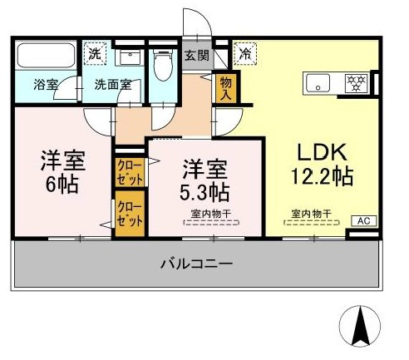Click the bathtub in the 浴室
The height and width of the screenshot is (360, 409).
tap(46, 54)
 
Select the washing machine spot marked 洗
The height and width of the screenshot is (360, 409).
tap(95, 54)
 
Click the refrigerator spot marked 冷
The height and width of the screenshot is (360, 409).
tap(245, 54)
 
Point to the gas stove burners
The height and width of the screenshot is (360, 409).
tap(357, 82)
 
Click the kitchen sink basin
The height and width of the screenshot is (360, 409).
tap(318, 83)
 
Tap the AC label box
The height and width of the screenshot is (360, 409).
tap(364, 221)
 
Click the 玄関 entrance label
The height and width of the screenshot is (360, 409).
tap(197, 56)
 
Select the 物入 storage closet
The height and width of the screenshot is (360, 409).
tap(226, 88)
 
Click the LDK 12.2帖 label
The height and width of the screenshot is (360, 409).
tap(322, 165)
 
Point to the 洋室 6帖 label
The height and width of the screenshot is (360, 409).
tap(62, 172)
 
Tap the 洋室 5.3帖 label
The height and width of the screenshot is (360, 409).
tap(204, 180)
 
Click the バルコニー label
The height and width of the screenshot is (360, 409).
tap(196, 264)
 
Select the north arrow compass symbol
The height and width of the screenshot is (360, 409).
tap(360, 326)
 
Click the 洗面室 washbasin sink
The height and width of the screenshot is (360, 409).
tap(130, 57)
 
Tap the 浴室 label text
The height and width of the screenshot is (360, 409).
tap(46, 85)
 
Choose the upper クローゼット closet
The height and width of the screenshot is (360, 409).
tap(130, 172)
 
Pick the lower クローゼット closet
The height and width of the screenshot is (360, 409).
tap(130, 214)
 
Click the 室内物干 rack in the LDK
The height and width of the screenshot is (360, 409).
tap(312, 222)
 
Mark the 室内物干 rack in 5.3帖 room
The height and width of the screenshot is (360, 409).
tap(211, 222)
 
